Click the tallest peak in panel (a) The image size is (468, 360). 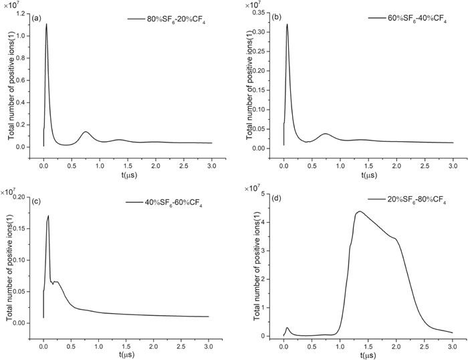[x=46, y=25]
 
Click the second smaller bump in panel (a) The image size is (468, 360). [x=86, y=132]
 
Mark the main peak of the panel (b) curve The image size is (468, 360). [x=287, y=25]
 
